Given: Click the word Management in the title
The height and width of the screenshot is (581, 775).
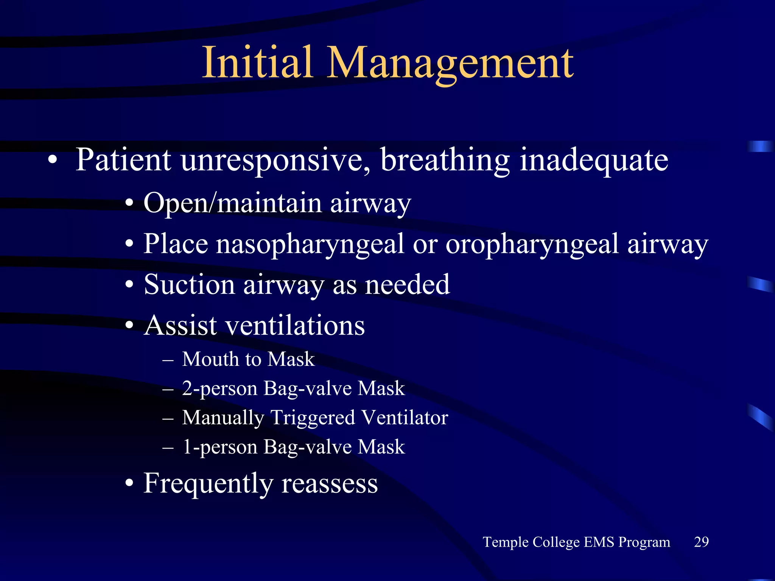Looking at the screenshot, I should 450,64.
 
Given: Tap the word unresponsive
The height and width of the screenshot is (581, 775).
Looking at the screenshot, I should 275,160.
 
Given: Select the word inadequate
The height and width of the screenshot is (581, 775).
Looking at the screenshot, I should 594,160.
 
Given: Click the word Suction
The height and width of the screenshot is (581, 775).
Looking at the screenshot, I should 189,284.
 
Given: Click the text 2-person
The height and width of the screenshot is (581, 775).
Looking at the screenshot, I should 219,389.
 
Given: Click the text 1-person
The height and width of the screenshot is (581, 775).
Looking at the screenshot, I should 219,447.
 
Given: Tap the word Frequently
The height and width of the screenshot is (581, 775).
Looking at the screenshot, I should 208,484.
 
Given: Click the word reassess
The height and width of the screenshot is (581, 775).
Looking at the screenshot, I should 330,484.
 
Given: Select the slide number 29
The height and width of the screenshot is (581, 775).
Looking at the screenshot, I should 701,542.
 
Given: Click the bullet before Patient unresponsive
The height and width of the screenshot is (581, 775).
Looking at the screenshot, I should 53,160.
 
